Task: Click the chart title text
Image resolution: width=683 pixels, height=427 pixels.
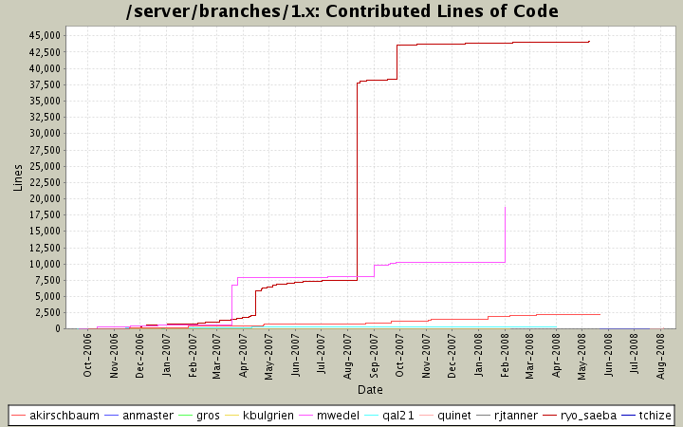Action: click(x=341, y=11)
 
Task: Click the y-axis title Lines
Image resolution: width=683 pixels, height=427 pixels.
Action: click(x=18, y=177)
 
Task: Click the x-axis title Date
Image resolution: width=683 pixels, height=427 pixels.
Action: click(x=370, y=390)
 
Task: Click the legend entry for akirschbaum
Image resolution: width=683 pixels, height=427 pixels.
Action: click(x=64, y=416)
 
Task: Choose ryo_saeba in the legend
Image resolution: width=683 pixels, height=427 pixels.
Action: click(x=589, y=416)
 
